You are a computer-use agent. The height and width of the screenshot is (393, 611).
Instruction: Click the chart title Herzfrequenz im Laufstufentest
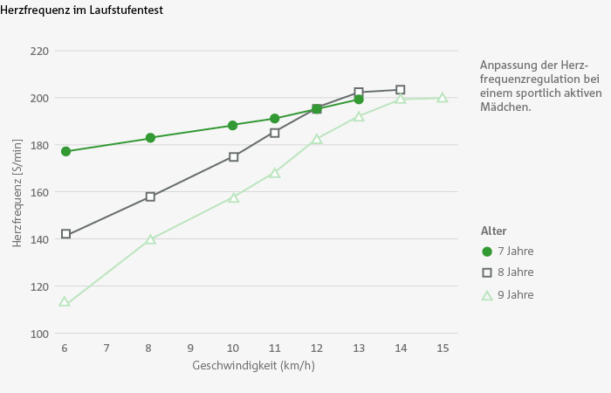pos(82,10)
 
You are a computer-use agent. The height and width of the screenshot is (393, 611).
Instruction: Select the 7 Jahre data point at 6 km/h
pos(65,151)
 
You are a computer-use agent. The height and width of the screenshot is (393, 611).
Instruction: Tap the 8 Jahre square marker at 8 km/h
pos(150,196)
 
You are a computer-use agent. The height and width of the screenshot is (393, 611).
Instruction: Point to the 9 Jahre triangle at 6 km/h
pos(65,302)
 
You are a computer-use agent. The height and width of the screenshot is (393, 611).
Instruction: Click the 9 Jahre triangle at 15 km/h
pos(443,98)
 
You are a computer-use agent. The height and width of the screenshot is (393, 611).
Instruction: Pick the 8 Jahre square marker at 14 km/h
pos(400,89)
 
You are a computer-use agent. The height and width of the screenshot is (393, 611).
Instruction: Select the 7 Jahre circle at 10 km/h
pos(233,125)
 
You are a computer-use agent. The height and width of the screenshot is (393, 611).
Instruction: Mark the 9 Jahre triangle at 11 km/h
pos(275,173)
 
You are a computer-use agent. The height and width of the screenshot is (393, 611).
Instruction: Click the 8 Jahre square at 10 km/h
pos(234,156)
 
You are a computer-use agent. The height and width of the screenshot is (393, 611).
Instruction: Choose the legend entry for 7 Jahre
pos(515,251)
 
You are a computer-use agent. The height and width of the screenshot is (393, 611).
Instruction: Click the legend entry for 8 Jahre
pos(515,272)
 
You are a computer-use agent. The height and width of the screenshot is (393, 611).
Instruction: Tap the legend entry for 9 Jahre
pos(515,295)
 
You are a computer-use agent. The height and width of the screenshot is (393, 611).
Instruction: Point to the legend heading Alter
pos(494,231)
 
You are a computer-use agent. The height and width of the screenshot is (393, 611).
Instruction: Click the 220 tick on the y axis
pos(39,51)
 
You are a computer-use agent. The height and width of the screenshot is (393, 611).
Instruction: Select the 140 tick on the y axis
pos(39,239)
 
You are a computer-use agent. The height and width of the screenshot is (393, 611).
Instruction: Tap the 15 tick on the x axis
pos(443,348)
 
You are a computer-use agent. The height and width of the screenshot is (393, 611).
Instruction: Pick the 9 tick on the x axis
pos(190,348)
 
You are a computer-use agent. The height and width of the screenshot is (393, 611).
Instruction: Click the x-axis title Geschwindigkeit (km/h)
pos(253,365)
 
